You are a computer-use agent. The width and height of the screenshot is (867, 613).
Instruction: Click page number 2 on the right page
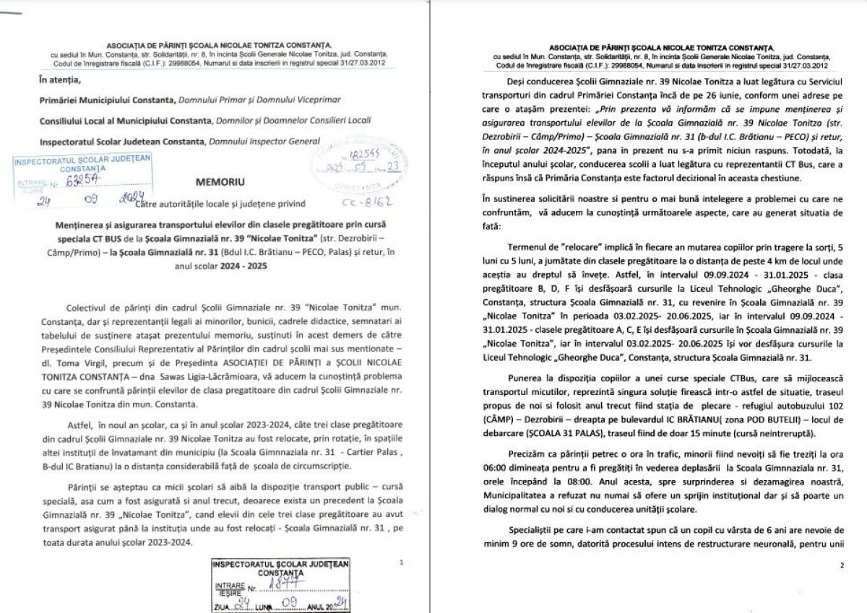coord(842,565)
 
